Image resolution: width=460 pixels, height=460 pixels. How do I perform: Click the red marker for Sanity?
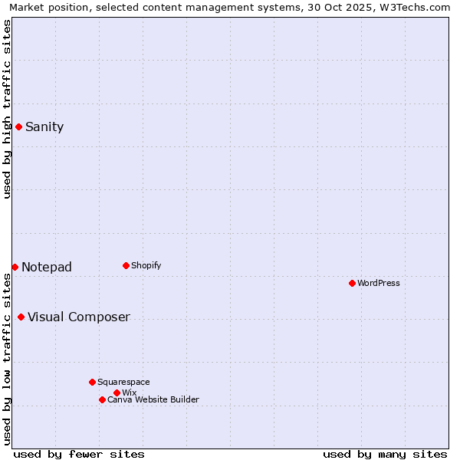(18, 127)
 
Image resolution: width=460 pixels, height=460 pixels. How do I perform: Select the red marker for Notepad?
(15, 267)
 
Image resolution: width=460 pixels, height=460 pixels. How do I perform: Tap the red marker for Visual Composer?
(21, 317)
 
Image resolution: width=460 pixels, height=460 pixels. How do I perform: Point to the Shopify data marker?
(126, 265)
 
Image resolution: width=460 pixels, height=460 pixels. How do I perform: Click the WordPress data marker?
(352, 283)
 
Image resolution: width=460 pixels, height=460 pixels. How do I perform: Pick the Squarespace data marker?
(92, 382)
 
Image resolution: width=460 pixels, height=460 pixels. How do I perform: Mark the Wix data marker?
(117, 393)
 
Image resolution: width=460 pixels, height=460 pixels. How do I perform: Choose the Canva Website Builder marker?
(102, 399)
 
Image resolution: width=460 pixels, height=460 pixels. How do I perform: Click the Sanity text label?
(44, 127)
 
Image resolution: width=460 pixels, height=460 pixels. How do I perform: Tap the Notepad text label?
(47, 268)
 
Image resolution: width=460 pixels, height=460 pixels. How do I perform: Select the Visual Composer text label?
(79, 317)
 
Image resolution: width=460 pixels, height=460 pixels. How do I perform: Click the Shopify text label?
(146, 266)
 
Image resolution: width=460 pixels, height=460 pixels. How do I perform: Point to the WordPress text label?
(379, 284)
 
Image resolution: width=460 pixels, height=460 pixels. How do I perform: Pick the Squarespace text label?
(123, 383)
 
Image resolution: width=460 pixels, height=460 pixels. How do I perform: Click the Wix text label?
(129, 393)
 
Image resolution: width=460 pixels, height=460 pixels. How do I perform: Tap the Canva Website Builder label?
(153, 400)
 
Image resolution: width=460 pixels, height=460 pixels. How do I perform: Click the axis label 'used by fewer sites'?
(79, 454)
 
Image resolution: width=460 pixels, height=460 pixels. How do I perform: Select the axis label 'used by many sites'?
(385, 454)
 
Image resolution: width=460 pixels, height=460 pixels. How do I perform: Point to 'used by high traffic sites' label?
(7, 110)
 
